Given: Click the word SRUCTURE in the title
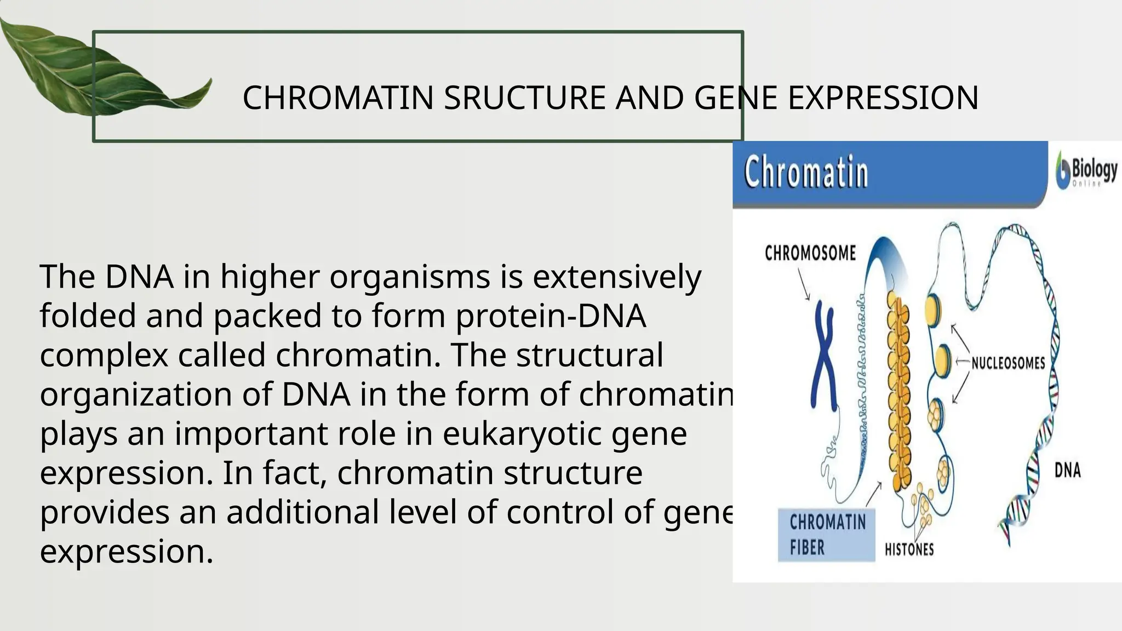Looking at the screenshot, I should [524, 98].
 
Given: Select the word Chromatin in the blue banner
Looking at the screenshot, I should [806, 173].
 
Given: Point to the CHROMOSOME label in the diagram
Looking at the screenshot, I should [810, 253].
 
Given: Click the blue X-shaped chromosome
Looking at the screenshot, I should [823, 356].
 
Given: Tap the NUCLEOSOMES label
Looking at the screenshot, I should [1008, 363].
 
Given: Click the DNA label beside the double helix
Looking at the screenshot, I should [1068, 470].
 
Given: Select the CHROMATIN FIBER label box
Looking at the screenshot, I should [827, 535].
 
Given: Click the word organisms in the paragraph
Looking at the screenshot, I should [409, 277].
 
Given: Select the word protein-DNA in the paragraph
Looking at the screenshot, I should [551, 316].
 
